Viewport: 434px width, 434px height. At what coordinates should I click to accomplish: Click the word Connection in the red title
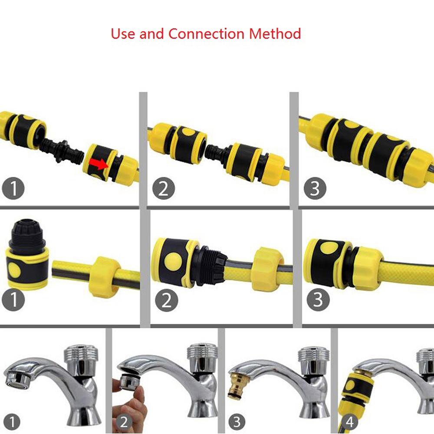click(x=207, y=34)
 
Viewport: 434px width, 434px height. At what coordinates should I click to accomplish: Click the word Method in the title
click(x=275, y=34)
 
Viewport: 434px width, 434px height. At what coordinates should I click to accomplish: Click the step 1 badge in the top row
click(x=13, y=188)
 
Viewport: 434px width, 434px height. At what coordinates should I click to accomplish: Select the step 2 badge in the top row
click(x=164, y=188)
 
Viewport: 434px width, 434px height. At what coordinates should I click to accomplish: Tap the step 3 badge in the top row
click(x=315, y=188)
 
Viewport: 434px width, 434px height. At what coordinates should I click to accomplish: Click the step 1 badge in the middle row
click(x=13, y=300)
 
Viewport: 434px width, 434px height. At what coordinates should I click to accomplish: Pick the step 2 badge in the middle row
click(x=166, y=300)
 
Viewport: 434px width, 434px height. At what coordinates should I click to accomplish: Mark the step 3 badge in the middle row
click(x=318, y=299)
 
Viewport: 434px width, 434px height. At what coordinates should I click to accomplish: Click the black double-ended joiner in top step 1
click(x=62, y=150)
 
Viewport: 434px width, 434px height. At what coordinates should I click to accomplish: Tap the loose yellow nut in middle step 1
click(x=104, y=277)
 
